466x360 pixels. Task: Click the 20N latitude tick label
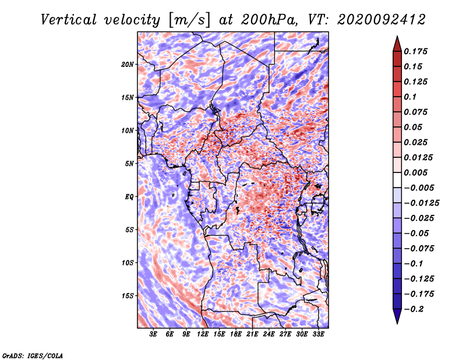[128, 64]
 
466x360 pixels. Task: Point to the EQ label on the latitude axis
[129, 196]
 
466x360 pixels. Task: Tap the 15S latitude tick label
[128, 295]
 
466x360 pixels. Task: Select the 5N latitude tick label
[129, 163]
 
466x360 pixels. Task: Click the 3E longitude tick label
[154, 334]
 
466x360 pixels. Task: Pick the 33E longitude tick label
[318, 334]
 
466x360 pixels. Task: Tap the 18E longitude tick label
[235, 334]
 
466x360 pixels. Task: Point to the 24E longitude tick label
[269, 334]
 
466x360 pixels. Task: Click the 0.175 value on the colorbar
[416, 51]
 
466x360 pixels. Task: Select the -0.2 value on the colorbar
[415, 309]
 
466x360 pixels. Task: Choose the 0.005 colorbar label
[416, 172]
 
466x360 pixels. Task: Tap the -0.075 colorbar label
[419, 249]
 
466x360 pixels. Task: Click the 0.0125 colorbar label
[418, 157]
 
